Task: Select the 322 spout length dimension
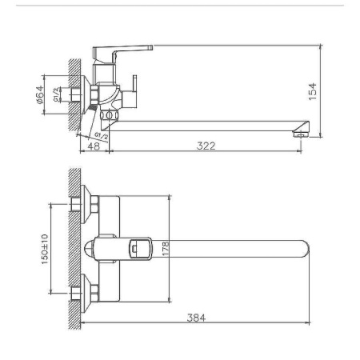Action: point(206,146)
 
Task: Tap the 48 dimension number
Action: point(94,146)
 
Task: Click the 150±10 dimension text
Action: point(46,250)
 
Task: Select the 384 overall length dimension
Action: point(197,318)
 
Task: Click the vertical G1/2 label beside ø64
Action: point(55,96)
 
